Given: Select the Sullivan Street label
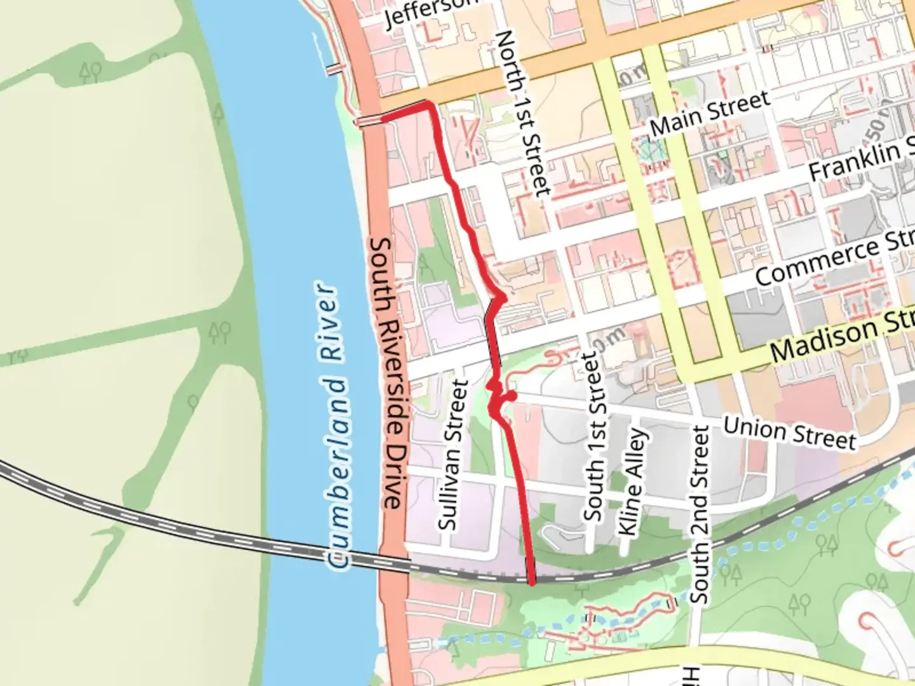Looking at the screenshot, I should (x=453, y=455).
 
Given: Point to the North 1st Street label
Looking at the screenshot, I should (x=522, y=113).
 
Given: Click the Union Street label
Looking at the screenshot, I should (x=790, y=433).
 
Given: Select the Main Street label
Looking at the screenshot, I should (x=710, y=113).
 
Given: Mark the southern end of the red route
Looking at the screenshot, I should (x=532, y=581).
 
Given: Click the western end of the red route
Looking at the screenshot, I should (x=383, y=118).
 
